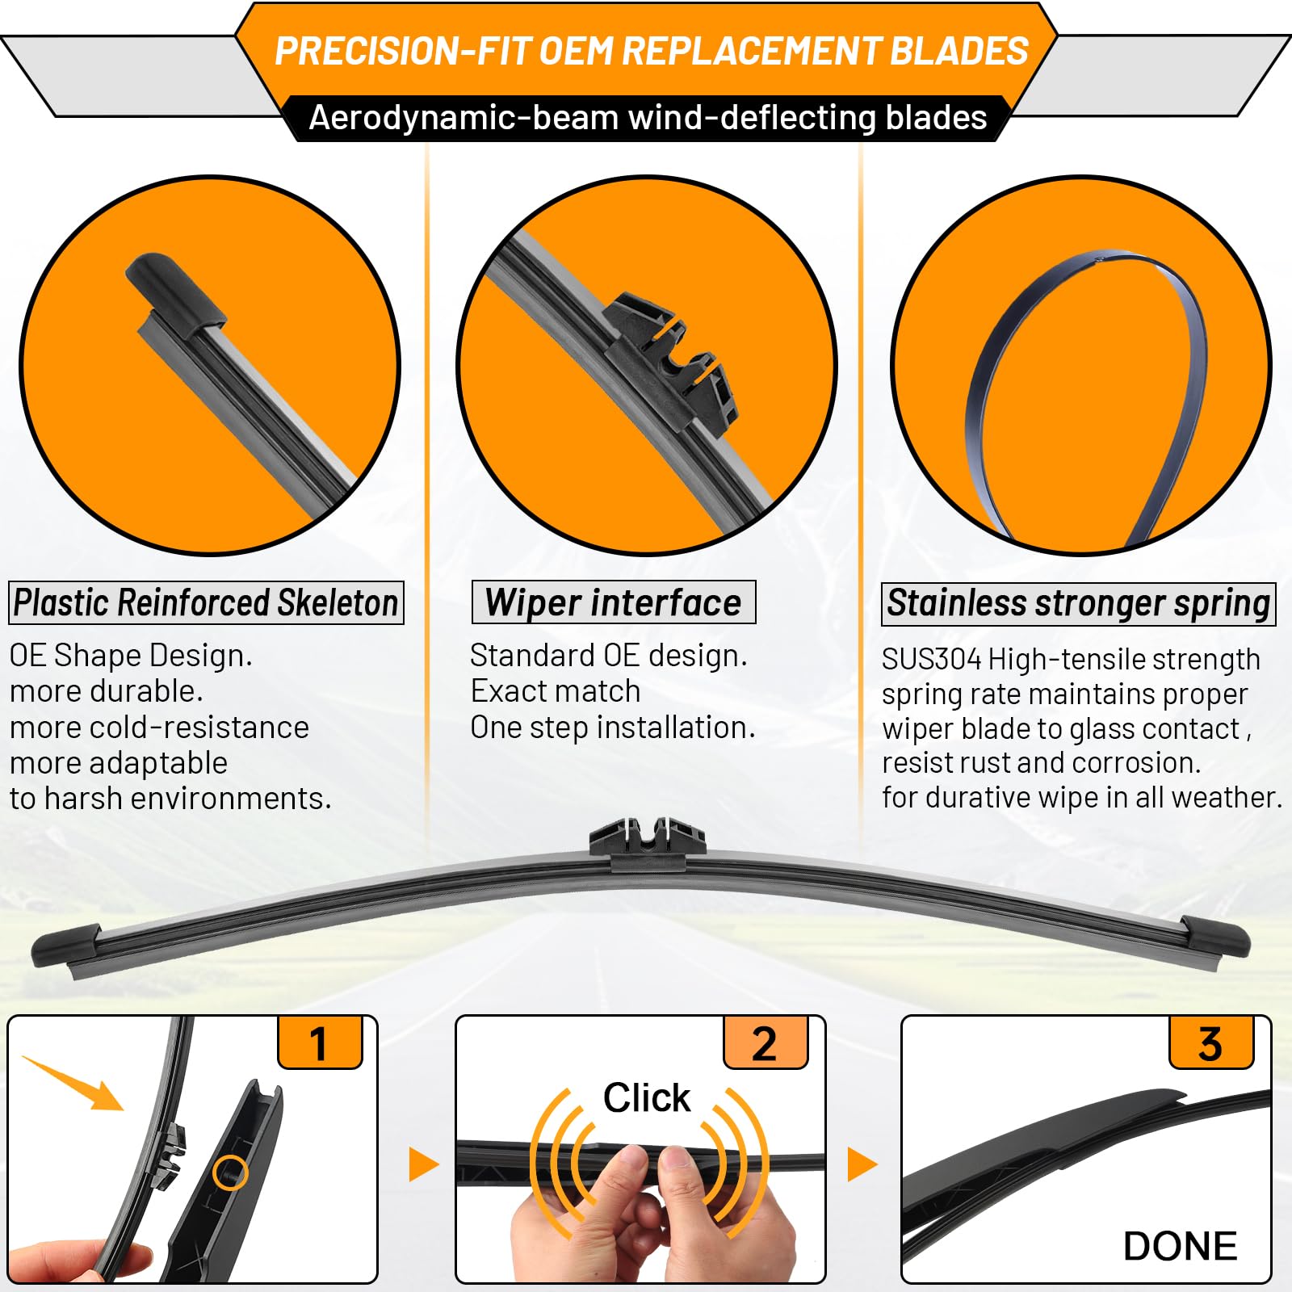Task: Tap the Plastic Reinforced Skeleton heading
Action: click(x=206, y=603)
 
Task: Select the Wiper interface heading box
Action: click(x=614, y=603)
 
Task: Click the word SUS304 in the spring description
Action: click(x=930, y=660)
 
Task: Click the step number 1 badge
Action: click(x=320, y=1043)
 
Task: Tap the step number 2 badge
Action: click(x=765, y=1043)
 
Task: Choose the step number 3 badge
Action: click(x=1210, y=1043)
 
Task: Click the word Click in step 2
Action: click(x=647, y=1098)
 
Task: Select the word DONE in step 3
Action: click(x=1180, y=1246)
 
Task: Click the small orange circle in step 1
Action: click(x=230, y=1172)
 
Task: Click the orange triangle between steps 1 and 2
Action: click(x=422, y=1164)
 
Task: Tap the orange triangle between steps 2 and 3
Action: click(x=861, y=1164)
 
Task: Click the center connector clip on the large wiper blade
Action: click(x=647, y=840)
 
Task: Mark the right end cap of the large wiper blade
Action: click(x=1215, y=937)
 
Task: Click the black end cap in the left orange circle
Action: click(x=173, y=294)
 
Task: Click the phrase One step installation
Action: click(x=613, y=728)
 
